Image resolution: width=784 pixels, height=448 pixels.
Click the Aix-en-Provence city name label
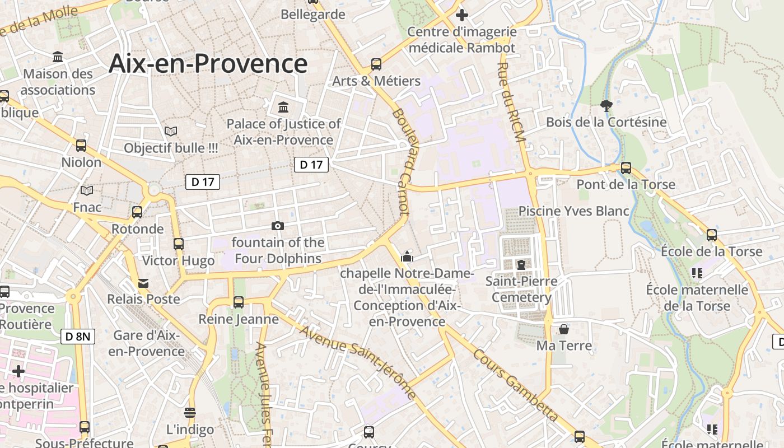click(208, 63)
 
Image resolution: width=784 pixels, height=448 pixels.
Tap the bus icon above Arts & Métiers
click(376, 64)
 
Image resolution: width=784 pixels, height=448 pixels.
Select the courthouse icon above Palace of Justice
click(283, 107)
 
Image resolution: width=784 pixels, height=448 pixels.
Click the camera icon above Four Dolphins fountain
click(277, 226)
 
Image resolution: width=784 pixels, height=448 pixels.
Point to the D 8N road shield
click(78, 337)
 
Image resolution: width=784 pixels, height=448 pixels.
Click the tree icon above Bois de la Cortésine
click(606, 105)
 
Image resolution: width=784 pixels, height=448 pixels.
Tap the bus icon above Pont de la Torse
click(626, 167)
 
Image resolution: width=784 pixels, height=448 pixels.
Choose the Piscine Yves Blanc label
click(573, 211)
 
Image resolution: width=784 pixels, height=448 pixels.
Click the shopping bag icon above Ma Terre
click(564, 329)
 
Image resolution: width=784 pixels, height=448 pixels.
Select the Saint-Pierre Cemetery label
click(521, 289)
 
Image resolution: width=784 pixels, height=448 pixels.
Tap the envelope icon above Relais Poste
click(144, 283)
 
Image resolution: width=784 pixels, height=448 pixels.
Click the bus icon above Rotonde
click(137, 212)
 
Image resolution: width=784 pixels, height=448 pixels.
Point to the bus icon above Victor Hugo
click(179, 244)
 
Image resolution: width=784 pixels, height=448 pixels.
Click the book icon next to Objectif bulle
click(171, 132)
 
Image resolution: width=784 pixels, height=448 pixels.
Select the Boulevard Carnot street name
click(401, 160)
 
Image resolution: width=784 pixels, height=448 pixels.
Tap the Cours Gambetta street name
click(515, 385)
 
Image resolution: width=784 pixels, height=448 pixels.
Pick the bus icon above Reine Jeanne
click(239, 302)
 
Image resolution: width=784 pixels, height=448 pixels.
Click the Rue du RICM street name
click(511, 104)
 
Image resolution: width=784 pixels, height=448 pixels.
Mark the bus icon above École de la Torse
click(711, 235)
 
